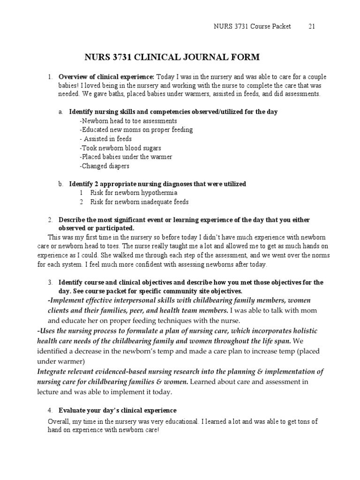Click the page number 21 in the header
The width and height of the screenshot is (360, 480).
311,26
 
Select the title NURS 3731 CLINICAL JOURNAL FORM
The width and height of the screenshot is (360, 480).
171,58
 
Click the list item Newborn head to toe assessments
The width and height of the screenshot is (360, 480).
122,121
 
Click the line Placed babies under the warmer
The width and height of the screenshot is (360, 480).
126,157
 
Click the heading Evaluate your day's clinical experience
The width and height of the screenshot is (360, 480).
117,410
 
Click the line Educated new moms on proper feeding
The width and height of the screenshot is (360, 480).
136,130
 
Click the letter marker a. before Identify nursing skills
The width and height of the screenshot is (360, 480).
60,112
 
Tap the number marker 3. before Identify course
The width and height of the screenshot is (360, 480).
50,283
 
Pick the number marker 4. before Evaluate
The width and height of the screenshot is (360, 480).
50,410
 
